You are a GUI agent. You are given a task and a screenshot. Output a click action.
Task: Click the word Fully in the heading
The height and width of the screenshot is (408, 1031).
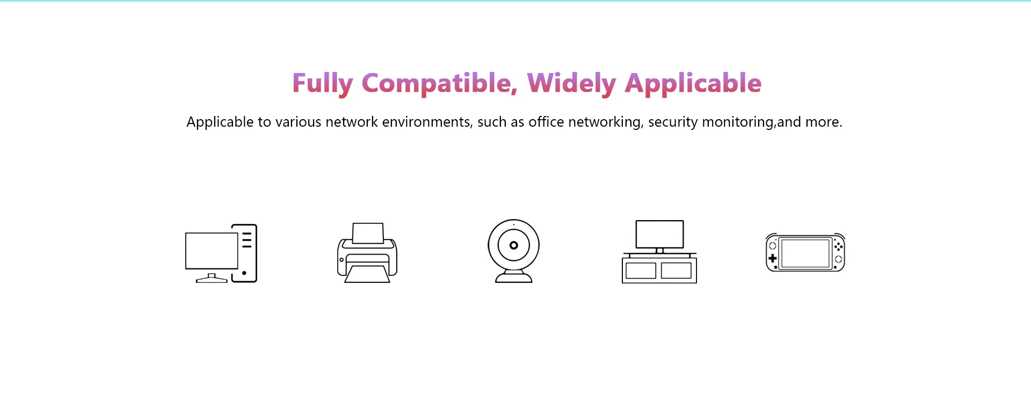322,84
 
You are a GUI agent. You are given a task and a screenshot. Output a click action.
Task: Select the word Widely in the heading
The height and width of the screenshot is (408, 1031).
571,84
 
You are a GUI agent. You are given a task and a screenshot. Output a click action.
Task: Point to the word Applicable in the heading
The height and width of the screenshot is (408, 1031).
693,84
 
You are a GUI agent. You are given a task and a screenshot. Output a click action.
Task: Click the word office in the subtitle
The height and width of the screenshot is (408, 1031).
546,122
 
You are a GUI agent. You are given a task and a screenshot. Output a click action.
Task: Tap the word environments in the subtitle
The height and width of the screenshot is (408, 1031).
427,122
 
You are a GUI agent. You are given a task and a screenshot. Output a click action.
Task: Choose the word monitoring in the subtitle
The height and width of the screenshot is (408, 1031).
738,122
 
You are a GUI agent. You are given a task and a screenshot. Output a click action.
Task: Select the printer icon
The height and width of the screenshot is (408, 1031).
367,253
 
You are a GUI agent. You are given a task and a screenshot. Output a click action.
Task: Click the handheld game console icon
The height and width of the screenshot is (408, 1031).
805,253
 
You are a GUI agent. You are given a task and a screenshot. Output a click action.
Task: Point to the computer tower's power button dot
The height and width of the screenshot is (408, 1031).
244,273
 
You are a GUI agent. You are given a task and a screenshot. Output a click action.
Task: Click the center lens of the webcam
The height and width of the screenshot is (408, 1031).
514,245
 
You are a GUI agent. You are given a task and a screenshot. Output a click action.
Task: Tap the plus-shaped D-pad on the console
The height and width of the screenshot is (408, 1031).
773,259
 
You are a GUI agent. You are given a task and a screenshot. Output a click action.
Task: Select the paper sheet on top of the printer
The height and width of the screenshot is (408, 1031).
368,233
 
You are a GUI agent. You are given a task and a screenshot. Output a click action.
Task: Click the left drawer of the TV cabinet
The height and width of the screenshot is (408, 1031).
641,271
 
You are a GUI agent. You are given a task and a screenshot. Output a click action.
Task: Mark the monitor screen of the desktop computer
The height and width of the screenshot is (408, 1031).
212,251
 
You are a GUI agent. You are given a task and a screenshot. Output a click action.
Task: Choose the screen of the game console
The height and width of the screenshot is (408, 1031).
805,253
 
